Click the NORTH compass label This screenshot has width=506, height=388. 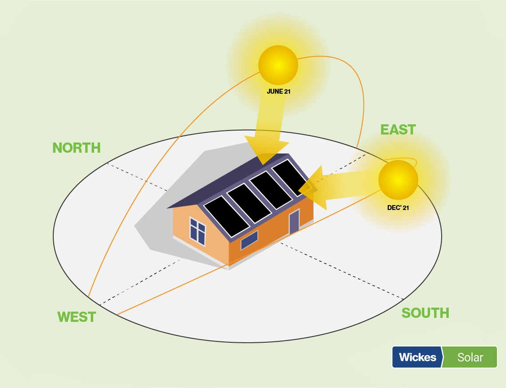(76, 148)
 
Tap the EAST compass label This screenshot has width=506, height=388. (398, 130)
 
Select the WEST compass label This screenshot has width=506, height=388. (76, 317)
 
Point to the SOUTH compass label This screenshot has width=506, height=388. (425, 313)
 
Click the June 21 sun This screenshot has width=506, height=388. (278, 65)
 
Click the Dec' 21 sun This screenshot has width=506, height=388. (398, 179)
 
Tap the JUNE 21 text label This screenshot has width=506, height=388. (278, 92)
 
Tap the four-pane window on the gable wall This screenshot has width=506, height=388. (198, 231)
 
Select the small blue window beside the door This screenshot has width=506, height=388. (249, 240)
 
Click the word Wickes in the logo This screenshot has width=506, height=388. (417, 357)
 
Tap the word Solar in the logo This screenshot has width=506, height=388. (470, 357)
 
